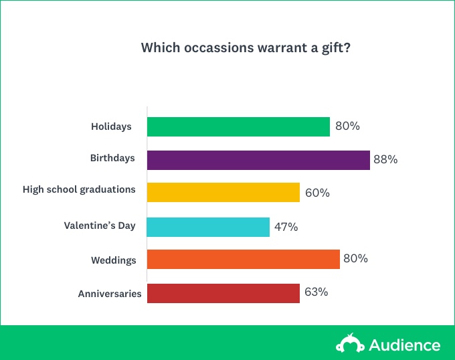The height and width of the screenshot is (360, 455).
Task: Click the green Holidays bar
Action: click(238, 126)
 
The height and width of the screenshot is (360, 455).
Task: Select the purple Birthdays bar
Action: click(258, 160)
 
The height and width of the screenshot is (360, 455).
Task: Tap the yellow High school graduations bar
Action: click(223, 192)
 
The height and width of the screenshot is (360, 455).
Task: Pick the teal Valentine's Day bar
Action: click(208, 227)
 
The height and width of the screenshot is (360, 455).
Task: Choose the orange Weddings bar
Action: click(243, 259)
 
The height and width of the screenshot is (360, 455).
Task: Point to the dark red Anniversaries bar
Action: click(223, 293)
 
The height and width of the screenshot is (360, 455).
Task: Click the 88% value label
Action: click(385, 159)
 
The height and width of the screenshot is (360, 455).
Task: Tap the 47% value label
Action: click(286, 227)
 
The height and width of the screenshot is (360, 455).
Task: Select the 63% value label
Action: click(316, 292)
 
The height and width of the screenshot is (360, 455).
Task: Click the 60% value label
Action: click(317, 193)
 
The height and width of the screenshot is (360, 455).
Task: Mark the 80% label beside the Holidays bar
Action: click(347, 126)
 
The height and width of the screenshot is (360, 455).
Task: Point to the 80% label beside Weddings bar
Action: click(355, 258)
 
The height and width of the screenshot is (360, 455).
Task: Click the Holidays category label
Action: click(111, 126)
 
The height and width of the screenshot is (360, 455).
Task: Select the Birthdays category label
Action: click(112, 158)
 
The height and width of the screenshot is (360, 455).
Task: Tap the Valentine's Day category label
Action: click(100, 226)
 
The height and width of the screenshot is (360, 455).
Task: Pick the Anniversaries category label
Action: click(110, 294)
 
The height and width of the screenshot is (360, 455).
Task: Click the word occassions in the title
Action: click(219, 48)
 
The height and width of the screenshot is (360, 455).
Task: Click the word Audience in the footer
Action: click(405, 345)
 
